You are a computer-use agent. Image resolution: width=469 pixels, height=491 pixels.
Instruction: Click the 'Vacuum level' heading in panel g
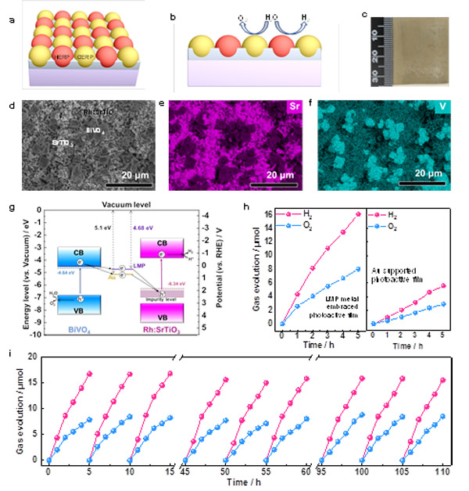[x=131, y=203]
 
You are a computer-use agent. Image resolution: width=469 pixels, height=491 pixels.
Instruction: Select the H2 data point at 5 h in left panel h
[x=359, y=214]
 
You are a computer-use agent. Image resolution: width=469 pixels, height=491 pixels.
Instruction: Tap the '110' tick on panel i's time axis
[x=442, y=472]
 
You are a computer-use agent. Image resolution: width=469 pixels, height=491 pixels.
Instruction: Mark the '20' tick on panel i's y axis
[x=31, y=357]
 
